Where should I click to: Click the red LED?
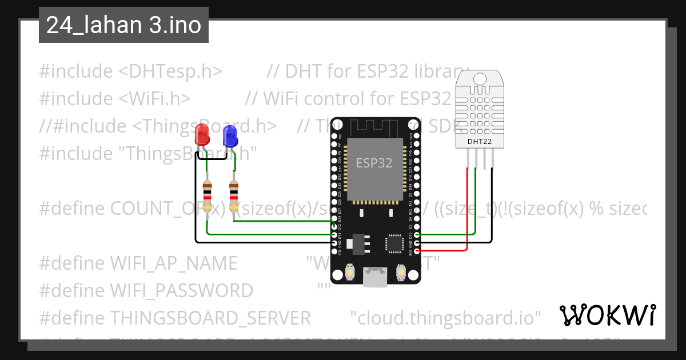tap(202, 135)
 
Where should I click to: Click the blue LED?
tap(230, 136)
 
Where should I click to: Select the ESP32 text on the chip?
tap(374, 162)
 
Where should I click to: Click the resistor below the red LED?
tap(207, 197)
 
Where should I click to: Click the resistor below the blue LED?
tap(233, 197)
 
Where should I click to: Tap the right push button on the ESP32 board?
tap(401, 273)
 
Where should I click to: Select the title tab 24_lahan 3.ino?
tap(123, 25)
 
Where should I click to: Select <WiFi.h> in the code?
tap(154, 99)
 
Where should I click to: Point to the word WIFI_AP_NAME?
tap(173, 263)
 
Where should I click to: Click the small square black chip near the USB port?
tap(395, 243)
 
